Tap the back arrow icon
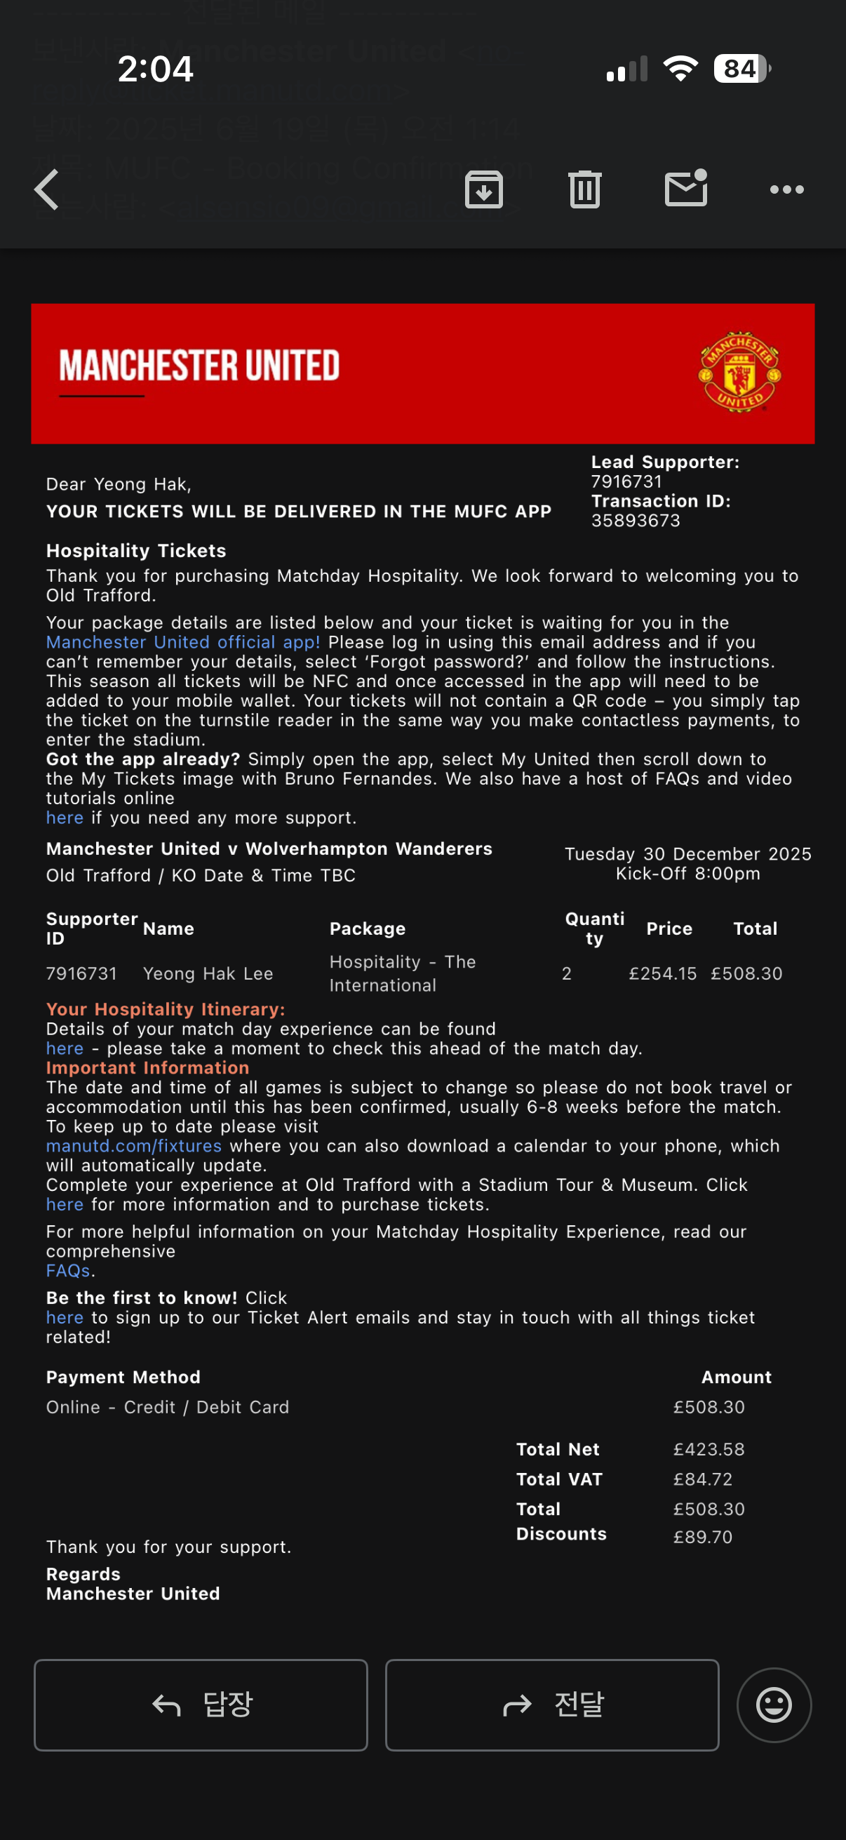pyautogui.click(x=47, y=190)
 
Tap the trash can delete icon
pyautogui.click(x=585, y=190)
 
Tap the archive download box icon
pyautogui.click(x=484, y=190)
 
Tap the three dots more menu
pyautogui.click(x=787, y=190)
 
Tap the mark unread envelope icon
pyautogui.click(x=685, y=189)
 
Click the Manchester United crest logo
pyautogui.click(x=739, y=372)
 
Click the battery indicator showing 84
pyautogui.click(x=741, y=69)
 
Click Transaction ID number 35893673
pyautogui.click(x=636, y=521)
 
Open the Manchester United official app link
pyautogui.click(x=183, y=642)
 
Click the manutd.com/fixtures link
pyautogui.click(x=133, y=1146)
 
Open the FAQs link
pyautogui.click(x=68, y=1271)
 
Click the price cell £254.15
pyautogui.click(x=662, y=973)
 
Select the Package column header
pyautogui.click(x=367, y=928)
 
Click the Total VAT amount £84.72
pyautogui.click(x=702, y=1479)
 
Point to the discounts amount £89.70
pyautogui.click(x=702, y=1537)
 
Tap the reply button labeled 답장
pyautogui.click(x=201, y=1705)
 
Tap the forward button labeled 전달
pyautogui.click(x=552, y=1705)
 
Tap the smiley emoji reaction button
pyautogui.click(x=774, y=1705)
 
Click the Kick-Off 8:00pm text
pyautogui.click(x=687, y=874)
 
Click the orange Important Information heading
pyautogui.click(x=147, y=1068)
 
